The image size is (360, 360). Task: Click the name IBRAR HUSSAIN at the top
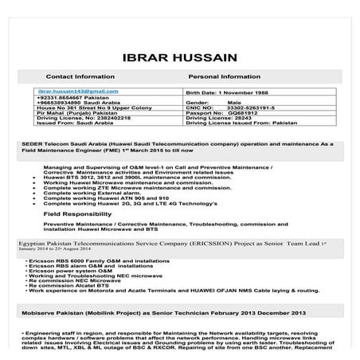[180, 57]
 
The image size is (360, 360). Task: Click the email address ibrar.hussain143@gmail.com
[72, 92]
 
